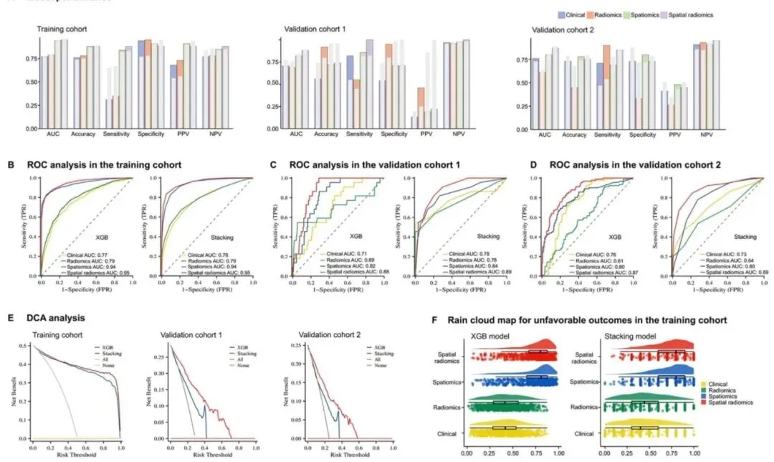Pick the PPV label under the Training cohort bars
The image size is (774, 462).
pos(175,134)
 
